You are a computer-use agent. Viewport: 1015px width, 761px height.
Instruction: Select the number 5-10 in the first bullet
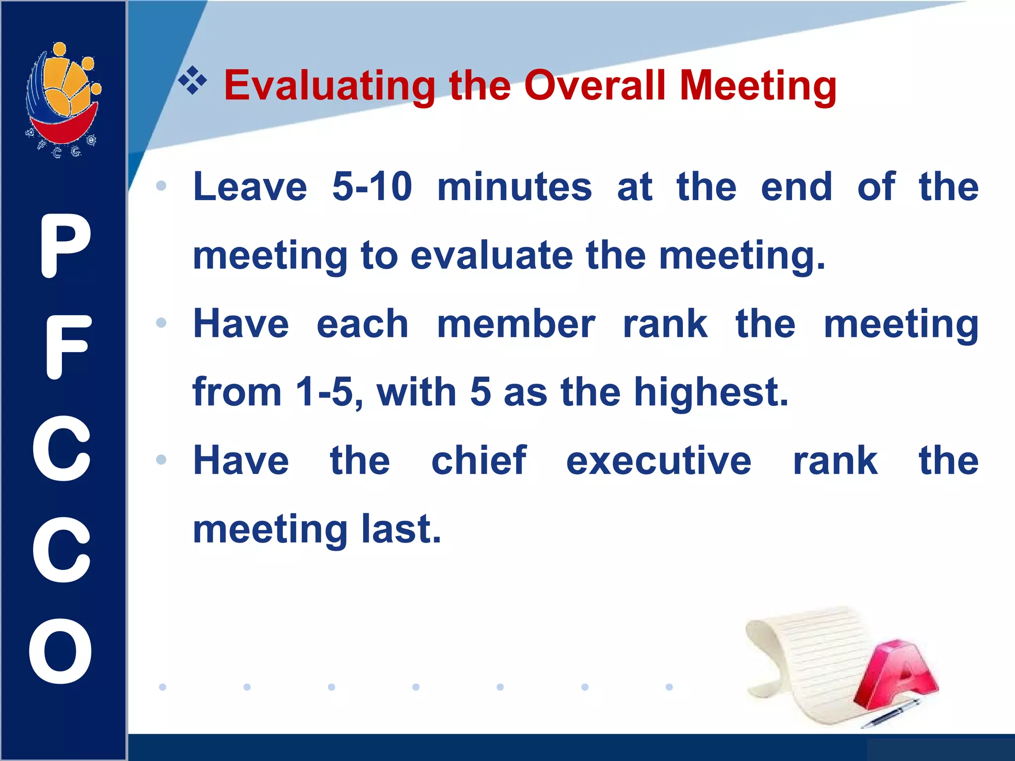(x=372, y=187)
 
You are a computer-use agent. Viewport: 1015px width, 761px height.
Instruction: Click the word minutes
(x=514, y=187)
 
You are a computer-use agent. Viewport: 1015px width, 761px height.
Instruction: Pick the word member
(x=516, y=324)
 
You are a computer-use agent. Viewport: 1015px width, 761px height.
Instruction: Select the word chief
(x=479, y=461)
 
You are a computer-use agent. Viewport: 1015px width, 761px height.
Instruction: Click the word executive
(x=659, y=461)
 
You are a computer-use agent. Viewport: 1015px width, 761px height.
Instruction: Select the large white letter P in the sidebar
(x=64, y=246)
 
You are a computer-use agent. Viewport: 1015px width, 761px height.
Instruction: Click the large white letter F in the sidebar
(x=67, y=347)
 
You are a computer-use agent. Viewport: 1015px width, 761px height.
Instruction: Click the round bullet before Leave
(x=161, y=186)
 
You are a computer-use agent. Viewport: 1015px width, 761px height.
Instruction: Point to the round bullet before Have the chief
(x=161, y=460)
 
